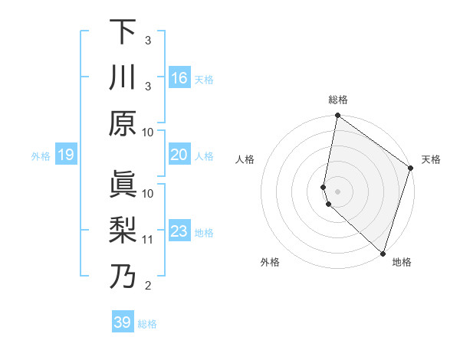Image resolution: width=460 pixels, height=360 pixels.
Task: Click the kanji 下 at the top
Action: click(x=123, y=32)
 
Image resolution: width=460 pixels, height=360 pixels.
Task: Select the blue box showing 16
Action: click(x=179, y=78)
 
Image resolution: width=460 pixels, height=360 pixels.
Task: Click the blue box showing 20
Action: click(x=179, y=155)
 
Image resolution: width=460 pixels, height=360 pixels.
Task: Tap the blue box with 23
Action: click(x=179, y=231)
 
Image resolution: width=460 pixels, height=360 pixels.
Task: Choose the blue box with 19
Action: click(x=65, y=155)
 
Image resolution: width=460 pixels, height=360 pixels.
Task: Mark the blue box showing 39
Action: click(x=122, y=322)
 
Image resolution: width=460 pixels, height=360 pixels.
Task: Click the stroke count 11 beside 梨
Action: click(x=148, y=240)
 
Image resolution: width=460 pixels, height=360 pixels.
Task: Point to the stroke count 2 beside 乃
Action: click(x=148, y=286)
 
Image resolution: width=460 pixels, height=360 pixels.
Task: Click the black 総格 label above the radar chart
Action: click(x=338, y=100)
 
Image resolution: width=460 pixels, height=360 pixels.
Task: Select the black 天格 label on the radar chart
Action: click(x=431, y=159)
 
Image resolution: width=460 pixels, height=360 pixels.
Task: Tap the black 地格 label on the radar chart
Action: click(x=402, y=262)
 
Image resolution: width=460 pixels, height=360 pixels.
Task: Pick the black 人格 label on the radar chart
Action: click(x=245, y=159)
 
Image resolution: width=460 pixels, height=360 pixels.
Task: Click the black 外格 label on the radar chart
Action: click(x=270, y=262)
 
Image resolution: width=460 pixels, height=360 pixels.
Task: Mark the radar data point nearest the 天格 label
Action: click(x=411, y=168)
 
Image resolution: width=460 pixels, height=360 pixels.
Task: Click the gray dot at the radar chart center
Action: click(x=338, y=191)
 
